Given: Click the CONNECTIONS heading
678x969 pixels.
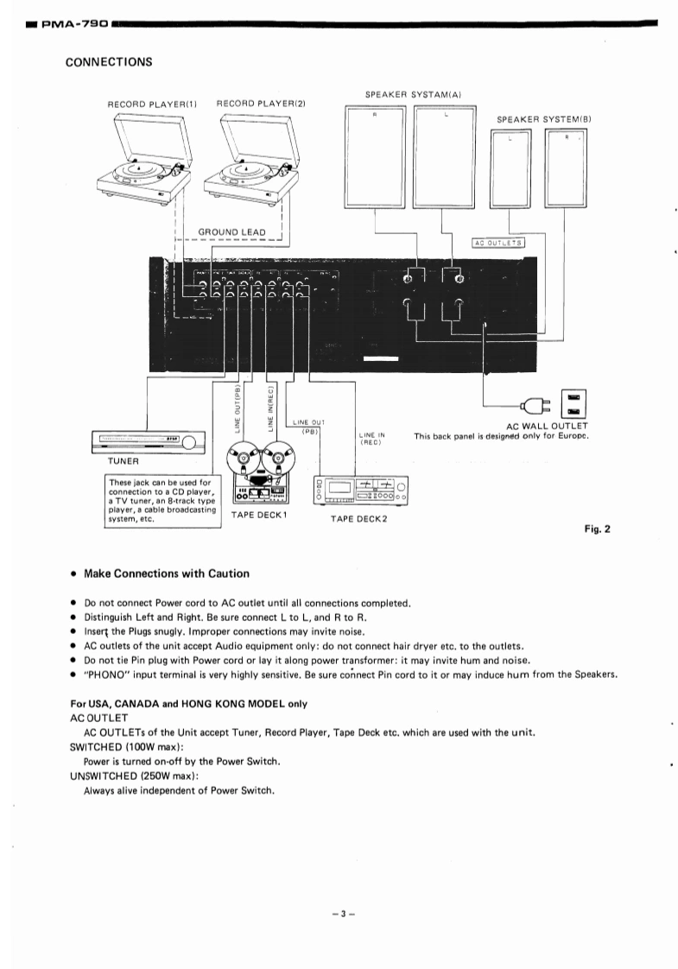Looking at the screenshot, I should (109, 61).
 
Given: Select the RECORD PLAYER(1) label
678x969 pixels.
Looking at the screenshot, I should (153, 104).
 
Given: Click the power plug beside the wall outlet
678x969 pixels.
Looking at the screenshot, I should (532, 405).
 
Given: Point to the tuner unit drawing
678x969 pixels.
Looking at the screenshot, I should (147, 443).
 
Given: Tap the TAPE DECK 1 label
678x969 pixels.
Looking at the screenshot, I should (259, 515).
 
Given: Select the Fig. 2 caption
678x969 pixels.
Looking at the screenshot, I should (597, 530).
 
